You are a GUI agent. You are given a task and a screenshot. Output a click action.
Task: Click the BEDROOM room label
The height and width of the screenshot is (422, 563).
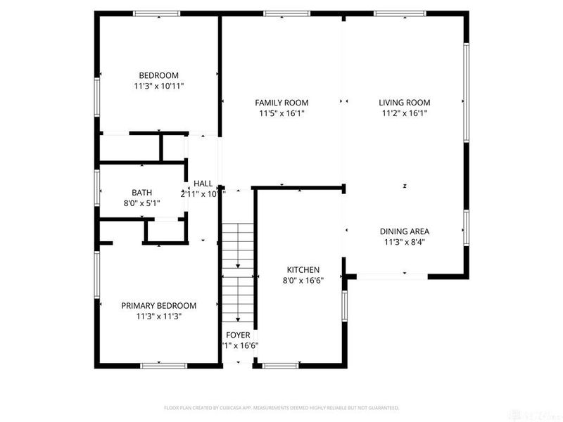pyautogui.click(x=158, y=75)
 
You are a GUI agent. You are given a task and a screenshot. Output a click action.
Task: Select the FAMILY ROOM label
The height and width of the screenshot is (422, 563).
pyautogui.click(x=281, y=103)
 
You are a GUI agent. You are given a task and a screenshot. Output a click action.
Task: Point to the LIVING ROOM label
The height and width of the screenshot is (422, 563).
pyautogui.click(x=405, y=103)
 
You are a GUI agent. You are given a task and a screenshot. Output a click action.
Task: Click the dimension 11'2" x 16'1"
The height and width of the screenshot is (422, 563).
pyautogui.click(x=405, y=113)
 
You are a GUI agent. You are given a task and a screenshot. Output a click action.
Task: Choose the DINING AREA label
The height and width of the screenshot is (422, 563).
pyautogui.click(x=405, y=231)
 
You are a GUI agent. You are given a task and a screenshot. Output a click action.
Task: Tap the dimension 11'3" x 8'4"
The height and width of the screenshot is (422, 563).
pyautogui.click(x=405, y=242)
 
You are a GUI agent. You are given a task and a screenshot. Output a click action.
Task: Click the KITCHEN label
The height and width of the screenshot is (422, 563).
pyautogui.click(x=303, y=270)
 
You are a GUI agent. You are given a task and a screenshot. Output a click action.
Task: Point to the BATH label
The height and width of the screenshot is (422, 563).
pyautogui.click(x=141, y=193)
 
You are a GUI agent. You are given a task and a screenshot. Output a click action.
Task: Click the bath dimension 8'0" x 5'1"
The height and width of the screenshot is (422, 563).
pyautogui.click(x=141, y=203)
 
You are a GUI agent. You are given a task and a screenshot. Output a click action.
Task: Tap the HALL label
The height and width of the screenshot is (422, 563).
pyautogui.click(x=203, y=184)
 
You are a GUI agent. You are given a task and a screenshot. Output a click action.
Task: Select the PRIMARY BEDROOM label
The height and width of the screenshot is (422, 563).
pyautogui.click(x=158, y=306)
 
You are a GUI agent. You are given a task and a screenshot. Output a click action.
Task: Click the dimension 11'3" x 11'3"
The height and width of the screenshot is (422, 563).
pyautogui.click(x=158, y=316)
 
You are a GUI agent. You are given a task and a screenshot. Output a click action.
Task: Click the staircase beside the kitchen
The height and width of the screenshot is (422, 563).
pyautogui.click(x=239, y=274)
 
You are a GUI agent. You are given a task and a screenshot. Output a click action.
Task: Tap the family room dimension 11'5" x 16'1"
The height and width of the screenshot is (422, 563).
pyautogui.click(x=281, y=113)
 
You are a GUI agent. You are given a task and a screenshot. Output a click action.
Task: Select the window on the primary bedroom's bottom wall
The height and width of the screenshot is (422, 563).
pyautogui.click(x=163, y=365)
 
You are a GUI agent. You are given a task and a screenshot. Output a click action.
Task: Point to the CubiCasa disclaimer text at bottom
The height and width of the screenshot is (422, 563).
pyautogui.click(x=281, y=408)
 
